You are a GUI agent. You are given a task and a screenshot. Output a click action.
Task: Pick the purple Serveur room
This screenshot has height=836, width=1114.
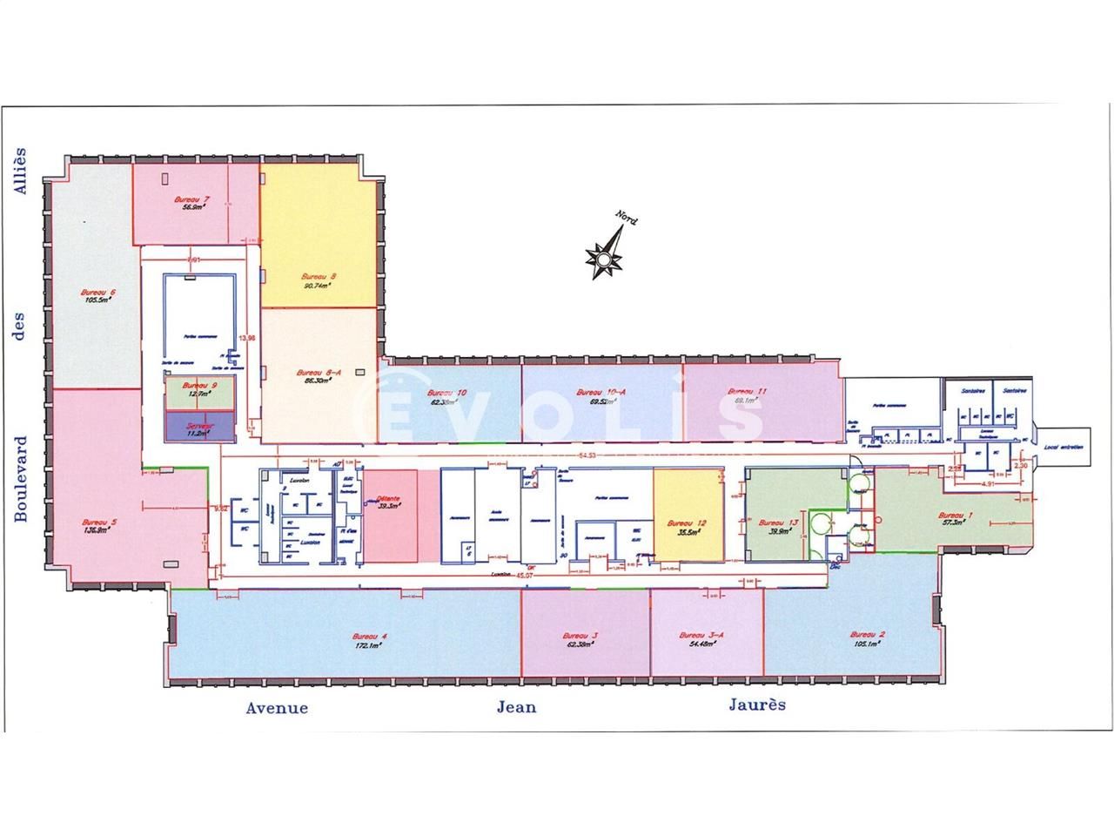(x=199, y=426)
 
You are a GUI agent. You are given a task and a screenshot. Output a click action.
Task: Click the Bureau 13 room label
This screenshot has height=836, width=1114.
(x=772, y=523)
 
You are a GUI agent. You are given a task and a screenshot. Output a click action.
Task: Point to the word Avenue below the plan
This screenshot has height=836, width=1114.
(x=276, y=708)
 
